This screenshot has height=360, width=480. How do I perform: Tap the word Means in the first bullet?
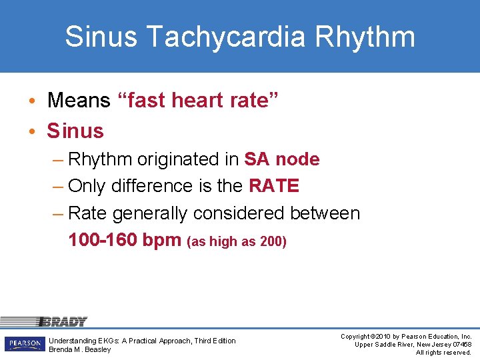coord(79,101)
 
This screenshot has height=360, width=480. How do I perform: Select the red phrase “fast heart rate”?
coord(197,101)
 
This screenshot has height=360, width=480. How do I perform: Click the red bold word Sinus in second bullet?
coord(75,131)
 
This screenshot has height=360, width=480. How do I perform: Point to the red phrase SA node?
coord(282,159)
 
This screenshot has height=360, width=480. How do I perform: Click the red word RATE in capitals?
coord(274,186)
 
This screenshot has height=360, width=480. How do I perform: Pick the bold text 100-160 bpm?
coord(125,240)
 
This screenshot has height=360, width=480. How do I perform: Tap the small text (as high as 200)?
coord(237,241)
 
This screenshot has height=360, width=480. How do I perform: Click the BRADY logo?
coord(63,322)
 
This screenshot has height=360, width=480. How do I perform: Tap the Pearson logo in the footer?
coord(25,344)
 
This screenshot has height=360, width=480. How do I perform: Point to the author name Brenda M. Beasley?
coord(80,349)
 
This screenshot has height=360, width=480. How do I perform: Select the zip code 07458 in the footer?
coord(461,344)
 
